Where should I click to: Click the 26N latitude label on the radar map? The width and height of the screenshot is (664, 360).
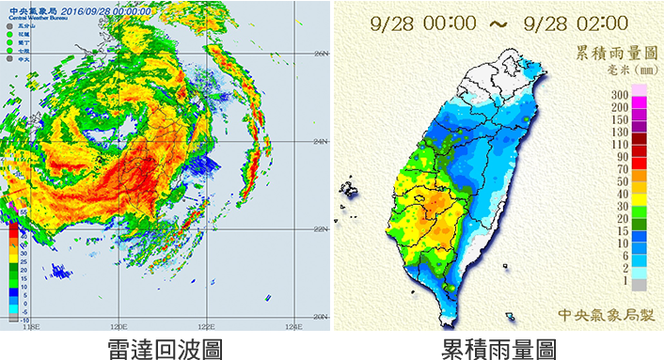click(x=321, y=54)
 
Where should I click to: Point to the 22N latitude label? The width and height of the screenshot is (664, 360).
click(x=321, y=228)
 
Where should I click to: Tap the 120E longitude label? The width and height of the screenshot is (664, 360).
click(x=118, y=326)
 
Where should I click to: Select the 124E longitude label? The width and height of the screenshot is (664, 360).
click(x=293, y=326)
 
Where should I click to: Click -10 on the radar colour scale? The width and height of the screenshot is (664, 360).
click(x=11, y=319)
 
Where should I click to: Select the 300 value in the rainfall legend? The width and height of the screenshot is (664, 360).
click(x=619, y=95)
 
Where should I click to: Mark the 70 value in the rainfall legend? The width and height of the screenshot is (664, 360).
click(x=622, y=168)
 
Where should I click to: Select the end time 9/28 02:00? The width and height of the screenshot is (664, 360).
click(x=579, y=21)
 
